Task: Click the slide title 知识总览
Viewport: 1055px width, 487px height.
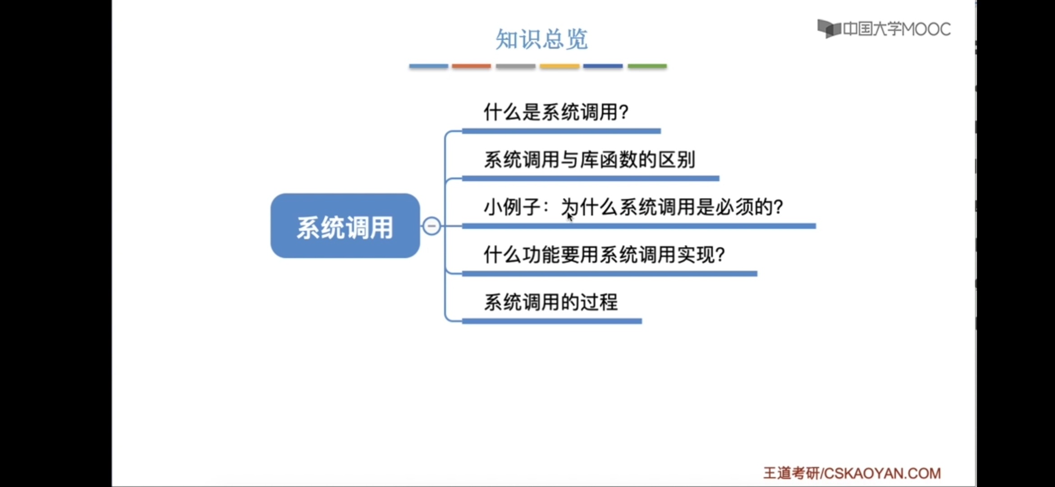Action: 541,39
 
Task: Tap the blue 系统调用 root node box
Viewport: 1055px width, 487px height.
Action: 345,226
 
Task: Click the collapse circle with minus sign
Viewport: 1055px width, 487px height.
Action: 431,226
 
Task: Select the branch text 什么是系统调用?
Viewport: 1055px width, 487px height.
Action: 556,112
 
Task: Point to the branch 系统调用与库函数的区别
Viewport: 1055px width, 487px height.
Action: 589,160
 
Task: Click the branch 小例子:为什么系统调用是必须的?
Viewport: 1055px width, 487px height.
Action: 633,207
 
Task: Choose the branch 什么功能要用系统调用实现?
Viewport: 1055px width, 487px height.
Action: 604,255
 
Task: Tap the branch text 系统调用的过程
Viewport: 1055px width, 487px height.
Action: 550,302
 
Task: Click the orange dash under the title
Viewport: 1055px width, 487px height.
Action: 471,66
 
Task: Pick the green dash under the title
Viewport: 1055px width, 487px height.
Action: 647,66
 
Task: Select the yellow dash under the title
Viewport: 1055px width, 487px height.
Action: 559,66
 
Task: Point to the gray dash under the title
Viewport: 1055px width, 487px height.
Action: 515,66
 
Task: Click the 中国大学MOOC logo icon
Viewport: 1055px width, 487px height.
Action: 829,29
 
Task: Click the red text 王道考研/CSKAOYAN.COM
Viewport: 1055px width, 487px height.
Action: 852,473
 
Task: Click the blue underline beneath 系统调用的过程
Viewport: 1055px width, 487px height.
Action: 552,321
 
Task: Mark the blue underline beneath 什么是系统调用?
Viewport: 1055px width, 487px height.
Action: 561,131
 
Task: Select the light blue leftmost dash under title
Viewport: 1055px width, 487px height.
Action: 428,66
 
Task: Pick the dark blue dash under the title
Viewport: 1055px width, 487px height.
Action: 603,66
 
